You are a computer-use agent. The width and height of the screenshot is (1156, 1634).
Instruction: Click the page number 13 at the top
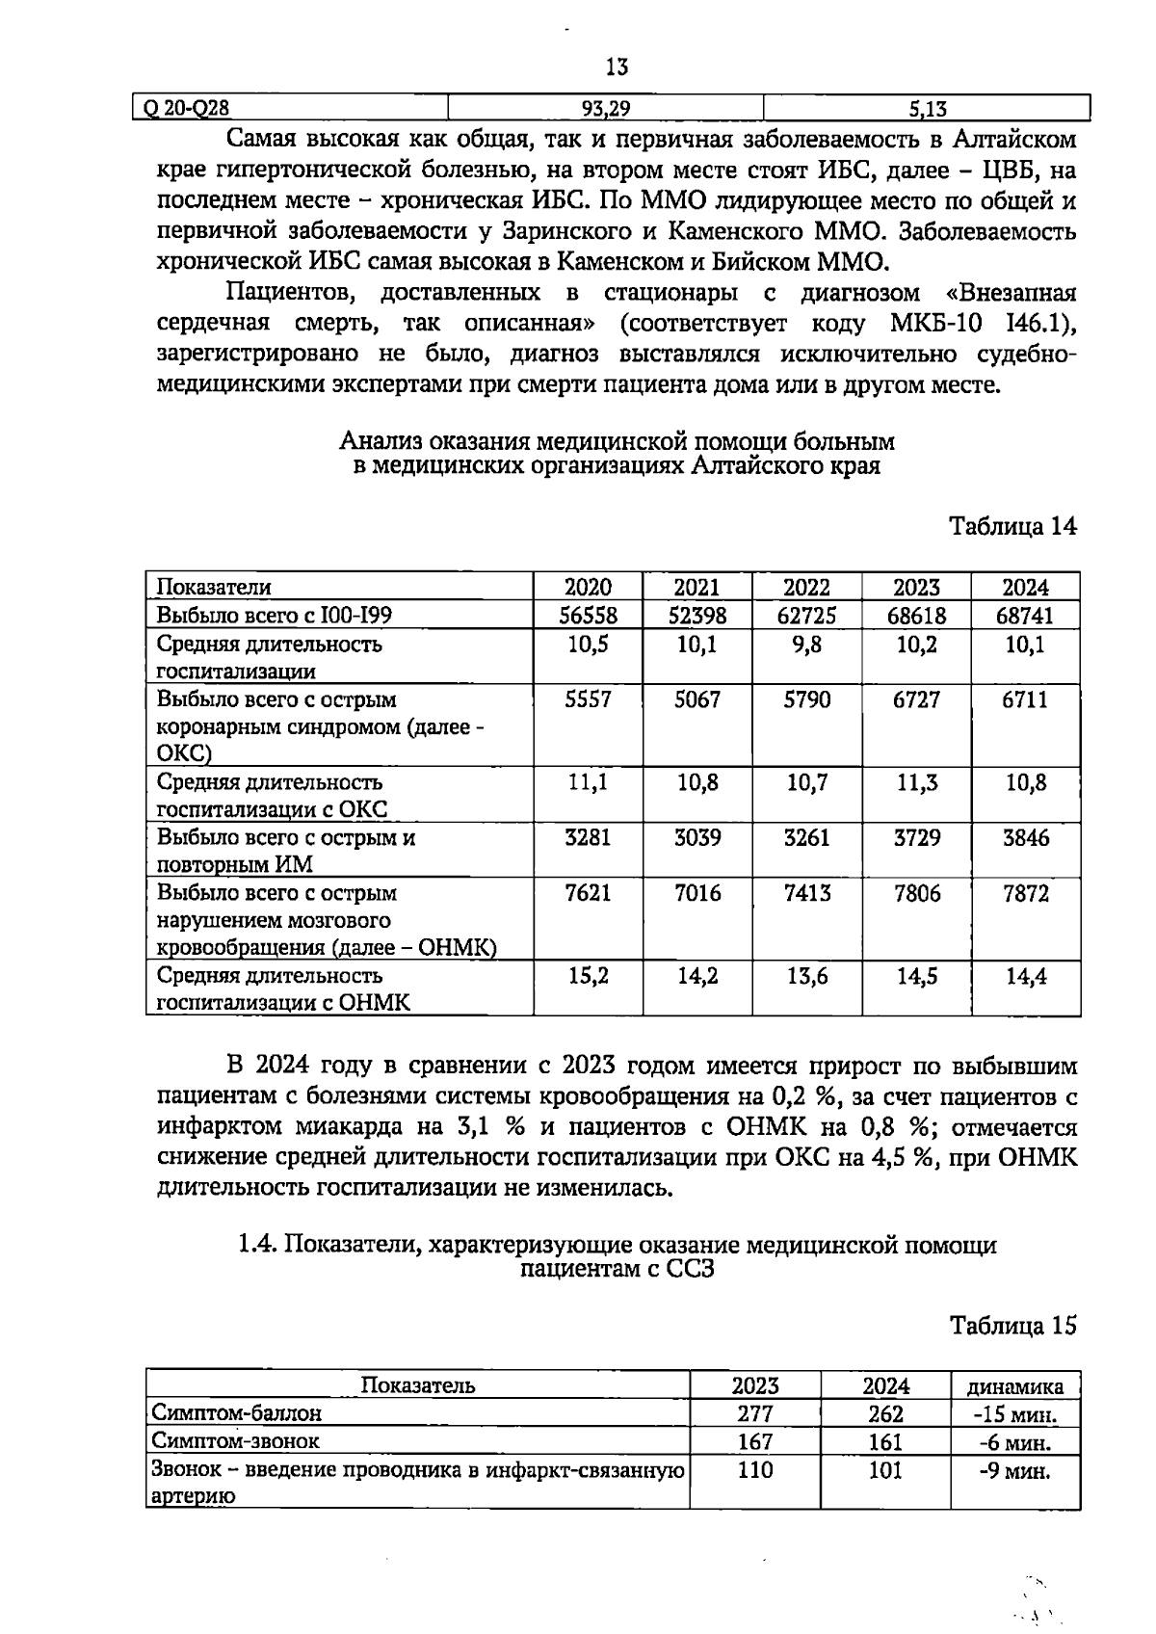coord(617,66)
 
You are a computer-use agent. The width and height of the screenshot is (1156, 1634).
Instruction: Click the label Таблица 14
coord(1012,526)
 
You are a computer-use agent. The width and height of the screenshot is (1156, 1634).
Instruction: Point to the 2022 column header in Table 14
coord(806,587)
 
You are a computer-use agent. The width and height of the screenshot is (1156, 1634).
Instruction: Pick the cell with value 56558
coord(588,615)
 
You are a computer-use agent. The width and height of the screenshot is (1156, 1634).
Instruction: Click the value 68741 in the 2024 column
coord(1025,615)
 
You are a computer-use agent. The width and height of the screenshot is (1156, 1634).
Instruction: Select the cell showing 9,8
coord(806,645)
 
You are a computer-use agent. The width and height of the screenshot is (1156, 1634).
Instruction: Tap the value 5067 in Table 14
coord(697,699)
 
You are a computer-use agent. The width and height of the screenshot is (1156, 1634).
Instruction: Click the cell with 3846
coord(1025,837)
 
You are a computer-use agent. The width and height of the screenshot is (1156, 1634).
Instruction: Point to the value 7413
coord(806,893)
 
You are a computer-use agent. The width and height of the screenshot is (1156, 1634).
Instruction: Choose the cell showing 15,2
coord(588,976)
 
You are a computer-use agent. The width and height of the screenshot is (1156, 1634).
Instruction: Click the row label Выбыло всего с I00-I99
coord(275,615)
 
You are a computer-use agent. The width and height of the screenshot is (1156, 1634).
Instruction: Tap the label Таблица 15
coord(1012,1326)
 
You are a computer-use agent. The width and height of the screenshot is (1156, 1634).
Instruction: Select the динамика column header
coord(1015,1386)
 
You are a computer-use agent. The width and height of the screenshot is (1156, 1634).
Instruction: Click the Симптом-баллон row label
coord(236,1413)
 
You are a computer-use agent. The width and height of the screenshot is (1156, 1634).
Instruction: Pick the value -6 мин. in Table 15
coord(1015,1442)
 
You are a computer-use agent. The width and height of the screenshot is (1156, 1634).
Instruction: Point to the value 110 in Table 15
coord(755,1471)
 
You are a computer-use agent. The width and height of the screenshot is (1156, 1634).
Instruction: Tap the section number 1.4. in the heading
coord(258,1245)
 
